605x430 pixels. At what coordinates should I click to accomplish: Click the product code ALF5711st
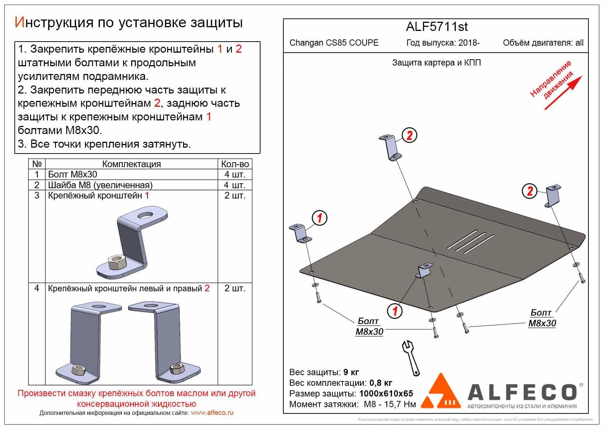437,27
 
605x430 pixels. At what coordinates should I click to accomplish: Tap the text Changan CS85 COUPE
334,43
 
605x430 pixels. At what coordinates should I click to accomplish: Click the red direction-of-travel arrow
563,93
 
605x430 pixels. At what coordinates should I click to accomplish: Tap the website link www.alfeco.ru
212,413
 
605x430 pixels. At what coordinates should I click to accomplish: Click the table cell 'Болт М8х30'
72,175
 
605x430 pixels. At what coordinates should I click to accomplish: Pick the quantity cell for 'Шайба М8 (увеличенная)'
235,185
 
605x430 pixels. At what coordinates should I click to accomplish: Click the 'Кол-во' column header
235,164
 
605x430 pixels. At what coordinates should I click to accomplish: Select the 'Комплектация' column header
131,164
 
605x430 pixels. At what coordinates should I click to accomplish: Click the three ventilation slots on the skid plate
470,242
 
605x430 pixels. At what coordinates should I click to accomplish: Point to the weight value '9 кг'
351,372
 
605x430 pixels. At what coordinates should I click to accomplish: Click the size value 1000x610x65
386,394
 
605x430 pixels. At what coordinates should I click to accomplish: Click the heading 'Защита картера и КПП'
437,63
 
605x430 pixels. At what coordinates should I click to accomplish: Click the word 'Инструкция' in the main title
53,23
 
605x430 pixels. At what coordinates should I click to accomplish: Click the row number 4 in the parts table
37,288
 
